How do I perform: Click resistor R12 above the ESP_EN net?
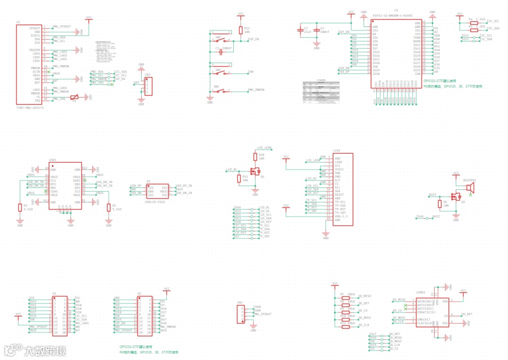coord(241,30)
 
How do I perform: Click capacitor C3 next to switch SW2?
coord(220,50)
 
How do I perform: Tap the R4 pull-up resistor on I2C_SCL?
coord(474,22)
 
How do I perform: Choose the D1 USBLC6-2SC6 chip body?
coord(157,191)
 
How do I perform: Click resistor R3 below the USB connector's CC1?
coord(20,208)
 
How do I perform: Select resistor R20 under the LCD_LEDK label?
coord(255,157)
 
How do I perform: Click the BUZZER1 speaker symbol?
coord(469,188)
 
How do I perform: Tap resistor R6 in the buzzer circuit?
coord(439,204)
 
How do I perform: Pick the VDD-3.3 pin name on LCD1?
coord(342,216)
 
